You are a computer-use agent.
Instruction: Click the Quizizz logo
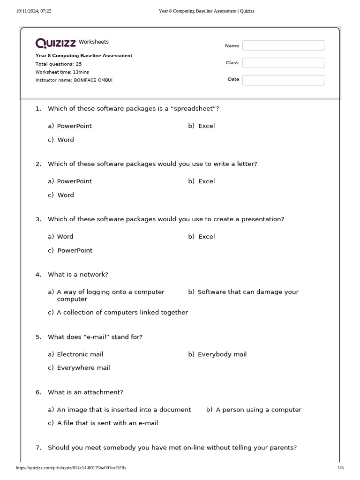56,43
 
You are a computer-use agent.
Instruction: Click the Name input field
283,45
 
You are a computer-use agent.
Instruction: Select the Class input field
283,63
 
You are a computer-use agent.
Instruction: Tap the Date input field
283,80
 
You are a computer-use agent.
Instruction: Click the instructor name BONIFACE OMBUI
93,80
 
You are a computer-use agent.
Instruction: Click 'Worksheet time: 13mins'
62,72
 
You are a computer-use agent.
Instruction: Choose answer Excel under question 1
206,126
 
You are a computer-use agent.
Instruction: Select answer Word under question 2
66,195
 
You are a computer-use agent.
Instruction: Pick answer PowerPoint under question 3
75,250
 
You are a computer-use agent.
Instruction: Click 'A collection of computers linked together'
122,313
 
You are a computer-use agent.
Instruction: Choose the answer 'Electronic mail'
80,354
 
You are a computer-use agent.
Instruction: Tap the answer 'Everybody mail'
222,354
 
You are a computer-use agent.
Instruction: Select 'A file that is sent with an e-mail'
107,423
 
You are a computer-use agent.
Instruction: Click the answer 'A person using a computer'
258,410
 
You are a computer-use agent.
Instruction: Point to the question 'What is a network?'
78,275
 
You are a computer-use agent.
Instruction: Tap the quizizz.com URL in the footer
71,468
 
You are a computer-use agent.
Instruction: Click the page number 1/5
340,468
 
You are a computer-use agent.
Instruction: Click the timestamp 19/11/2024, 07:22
34,11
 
